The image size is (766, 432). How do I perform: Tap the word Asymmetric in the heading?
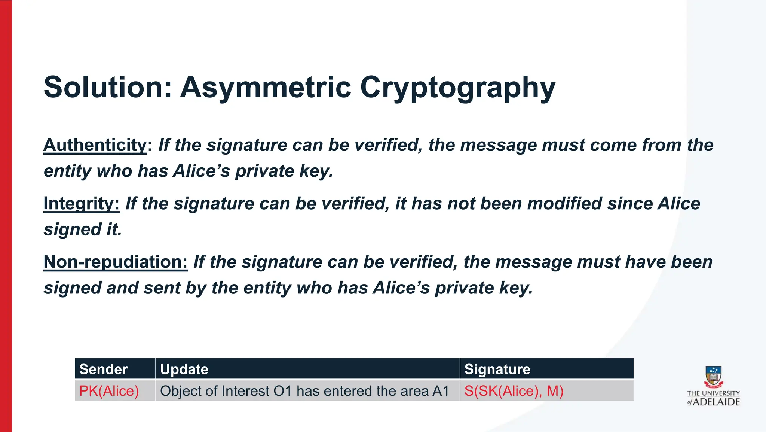click(x=266, y=87)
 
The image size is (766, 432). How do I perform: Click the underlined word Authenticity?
click(x=95, y=145)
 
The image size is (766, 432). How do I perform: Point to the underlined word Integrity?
click(x=81, y=204)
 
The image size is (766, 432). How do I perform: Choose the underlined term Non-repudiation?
click(x=115, y=262)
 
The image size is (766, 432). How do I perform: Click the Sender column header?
click(x=104, y=369)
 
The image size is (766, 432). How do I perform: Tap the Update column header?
click(x=184, y=369)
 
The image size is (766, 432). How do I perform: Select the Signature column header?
click(x=497, y=369)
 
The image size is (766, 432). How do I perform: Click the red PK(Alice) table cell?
click(x=109, y=391)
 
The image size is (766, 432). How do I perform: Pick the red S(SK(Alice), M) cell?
click(x=514, y=391)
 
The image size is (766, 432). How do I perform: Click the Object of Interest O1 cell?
click(x=304, y=391)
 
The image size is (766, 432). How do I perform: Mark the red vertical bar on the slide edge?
click(x=6, y=216)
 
